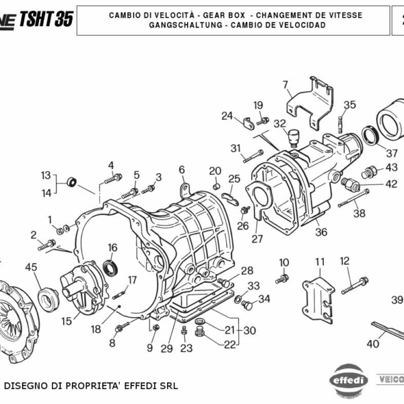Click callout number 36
321,232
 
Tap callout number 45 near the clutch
32,267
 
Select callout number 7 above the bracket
285,85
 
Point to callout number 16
112,248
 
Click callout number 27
257,238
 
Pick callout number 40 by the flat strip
372,343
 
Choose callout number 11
320,261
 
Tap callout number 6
181,169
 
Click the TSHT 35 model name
46,18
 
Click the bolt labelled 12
354,285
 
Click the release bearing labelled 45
48,295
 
